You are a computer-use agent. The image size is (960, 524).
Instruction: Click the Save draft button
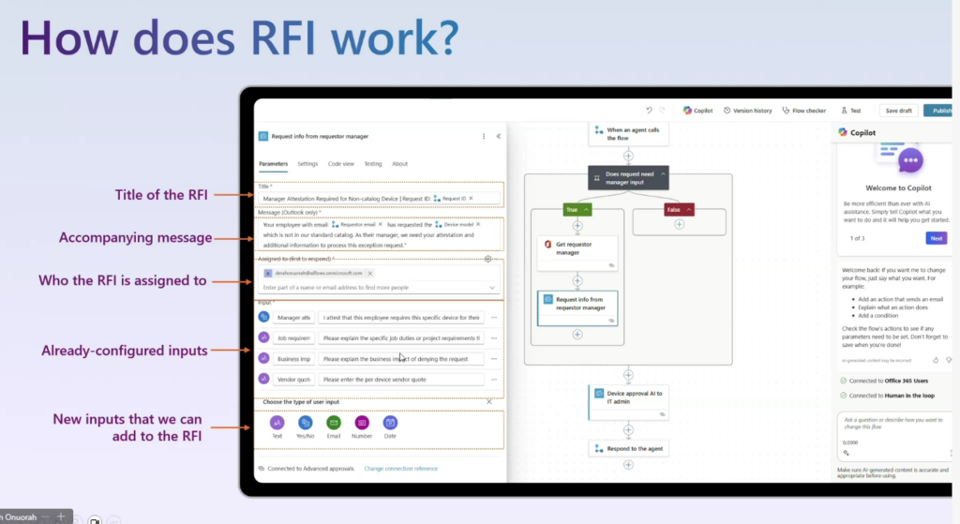898,111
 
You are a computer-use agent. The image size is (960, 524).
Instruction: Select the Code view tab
340,164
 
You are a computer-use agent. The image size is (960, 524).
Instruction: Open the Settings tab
307,164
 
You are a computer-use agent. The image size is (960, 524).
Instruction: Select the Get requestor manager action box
577,248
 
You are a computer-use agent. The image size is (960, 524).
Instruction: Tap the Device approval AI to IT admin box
629,398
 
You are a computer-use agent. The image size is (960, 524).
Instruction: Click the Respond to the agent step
629,449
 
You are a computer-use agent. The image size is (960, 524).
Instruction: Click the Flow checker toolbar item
803,111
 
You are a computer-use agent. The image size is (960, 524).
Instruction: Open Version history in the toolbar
747,111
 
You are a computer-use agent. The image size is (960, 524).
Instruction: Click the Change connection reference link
400,469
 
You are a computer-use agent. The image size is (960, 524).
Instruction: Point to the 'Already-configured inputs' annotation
124,352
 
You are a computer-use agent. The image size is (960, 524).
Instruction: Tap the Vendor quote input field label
293,380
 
